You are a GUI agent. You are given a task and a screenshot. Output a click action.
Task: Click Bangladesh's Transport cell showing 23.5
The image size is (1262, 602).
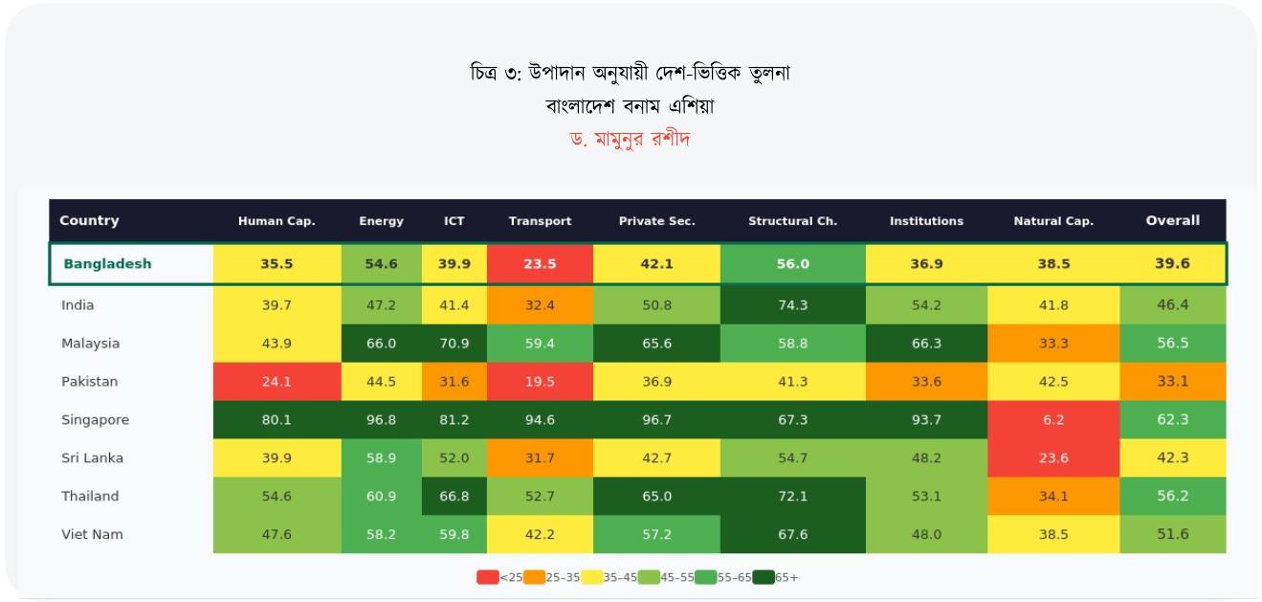[540, 264]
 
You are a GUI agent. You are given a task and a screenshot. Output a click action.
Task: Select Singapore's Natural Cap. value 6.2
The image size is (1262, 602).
[1053, 420]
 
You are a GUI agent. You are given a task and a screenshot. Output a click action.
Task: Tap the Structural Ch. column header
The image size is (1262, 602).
[792, 221]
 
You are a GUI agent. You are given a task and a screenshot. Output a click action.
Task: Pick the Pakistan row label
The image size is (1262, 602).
[90, 382]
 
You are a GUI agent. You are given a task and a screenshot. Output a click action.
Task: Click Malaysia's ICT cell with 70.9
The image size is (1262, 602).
[454, 344]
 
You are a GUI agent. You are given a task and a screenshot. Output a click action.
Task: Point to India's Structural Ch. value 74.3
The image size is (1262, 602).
[792, 305]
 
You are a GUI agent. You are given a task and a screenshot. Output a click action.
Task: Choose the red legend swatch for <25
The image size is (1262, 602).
[487, 577]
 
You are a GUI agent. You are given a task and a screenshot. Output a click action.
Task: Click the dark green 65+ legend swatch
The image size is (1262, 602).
[763, 577]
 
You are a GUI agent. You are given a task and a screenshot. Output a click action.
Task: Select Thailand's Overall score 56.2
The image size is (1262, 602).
[1172, 496]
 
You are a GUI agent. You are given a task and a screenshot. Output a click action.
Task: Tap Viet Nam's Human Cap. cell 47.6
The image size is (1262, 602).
[277, 534]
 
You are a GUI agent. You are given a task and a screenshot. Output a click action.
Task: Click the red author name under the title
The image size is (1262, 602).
[630, 139]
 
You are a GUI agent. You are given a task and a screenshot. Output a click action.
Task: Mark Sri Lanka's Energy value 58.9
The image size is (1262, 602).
[381, 457]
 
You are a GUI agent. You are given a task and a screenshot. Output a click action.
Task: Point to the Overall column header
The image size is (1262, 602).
[1172, 220]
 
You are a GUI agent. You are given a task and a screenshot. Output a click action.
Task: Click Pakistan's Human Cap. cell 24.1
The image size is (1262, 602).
[277, 382]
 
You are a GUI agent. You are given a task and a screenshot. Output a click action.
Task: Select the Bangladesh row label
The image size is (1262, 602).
[107, 264]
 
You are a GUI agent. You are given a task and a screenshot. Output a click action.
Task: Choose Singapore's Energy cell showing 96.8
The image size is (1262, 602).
[381, 420]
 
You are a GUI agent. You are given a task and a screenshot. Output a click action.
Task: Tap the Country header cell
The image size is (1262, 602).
[89, 220]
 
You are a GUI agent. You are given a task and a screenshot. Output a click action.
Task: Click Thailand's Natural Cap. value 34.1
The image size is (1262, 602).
[1053, 496]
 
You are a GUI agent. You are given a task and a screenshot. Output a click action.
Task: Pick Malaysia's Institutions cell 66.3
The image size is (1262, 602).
[926, 344]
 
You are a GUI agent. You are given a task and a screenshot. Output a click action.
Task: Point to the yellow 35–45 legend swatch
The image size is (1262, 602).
[591, 577]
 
